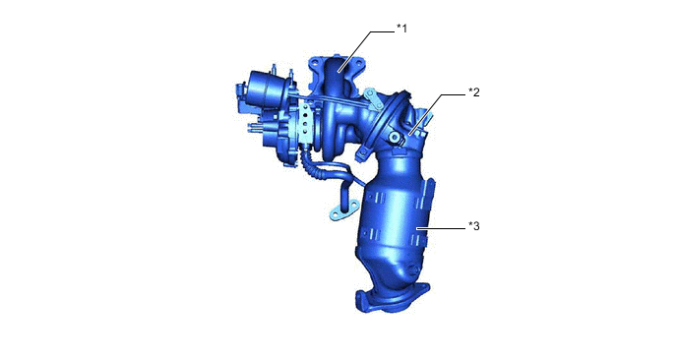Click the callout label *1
click(x=401, y=29)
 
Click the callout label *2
click(x=473, y=92)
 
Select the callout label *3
click(x=473, y=226)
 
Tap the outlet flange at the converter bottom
click(x=392, y=297)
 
